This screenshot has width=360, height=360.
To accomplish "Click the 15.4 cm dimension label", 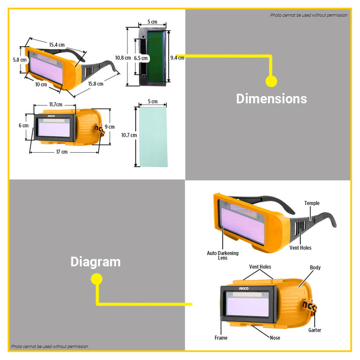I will click(57, 45).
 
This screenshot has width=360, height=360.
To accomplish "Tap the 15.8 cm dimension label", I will click(95, 84).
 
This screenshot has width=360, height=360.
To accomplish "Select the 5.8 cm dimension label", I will click(20, 60).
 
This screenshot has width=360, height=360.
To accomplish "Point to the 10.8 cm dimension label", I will click(122, 58).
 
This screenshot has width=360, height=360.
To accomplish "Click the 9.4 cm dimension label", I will click(177, 58).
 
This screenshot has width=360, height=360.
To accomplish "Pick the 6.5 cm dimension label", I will click(141, 58).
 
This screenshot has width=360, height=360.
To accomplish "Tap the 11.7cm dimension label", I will click(56, 104).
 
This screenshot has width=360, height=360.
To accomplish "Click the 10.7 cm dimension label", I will click(129, 135).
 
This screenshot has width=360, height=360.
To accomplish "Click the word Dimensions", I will click(271, 99).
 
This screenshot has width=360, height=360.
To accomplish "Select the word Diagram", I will click(96, 262).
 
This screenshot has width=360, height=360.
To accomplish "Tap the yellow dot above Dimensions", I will click(271, 81).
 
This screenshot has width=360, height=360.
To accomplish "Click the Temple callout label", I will click(312, 203).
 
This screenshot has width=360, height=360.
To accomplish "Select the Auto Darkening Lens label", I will click(222, 255).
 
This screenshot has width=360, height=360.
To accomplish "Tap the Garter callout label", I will click(315, 330).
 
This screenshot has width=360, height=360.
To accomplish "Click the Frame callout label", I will click(221, 338).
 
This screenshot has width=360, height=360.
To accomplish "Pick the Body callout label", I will click(315, 267).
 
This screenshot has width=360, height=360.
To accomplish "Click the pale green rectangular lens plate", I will click(152, 136).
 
